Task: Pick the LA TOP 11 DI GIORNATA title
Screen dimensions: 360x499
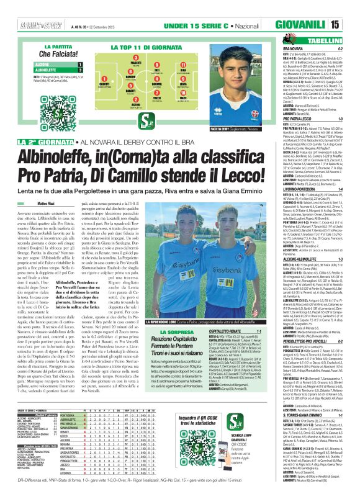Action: [x=145, y=47]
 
